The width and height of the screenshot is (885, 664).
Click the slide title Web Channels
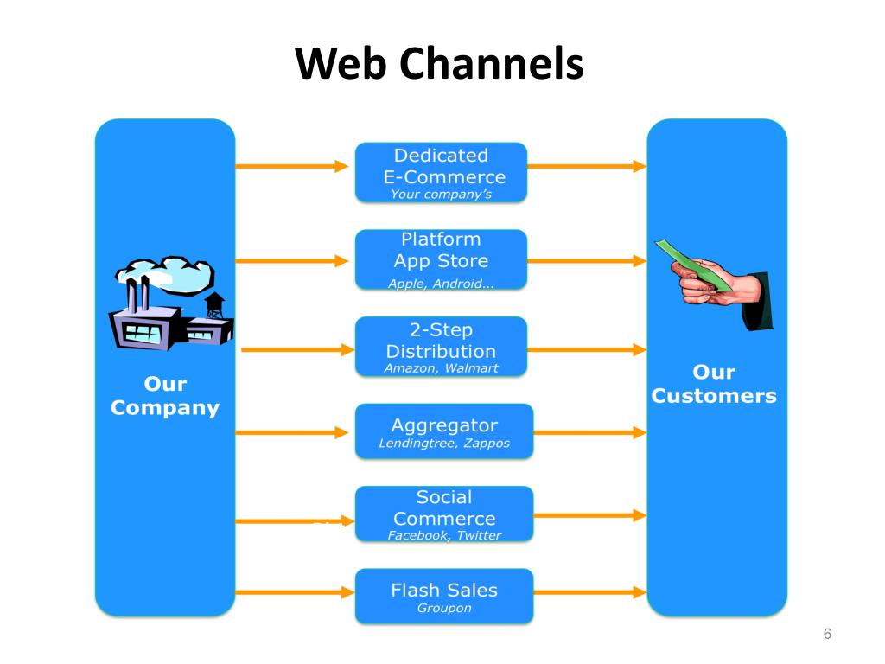pos(439,62)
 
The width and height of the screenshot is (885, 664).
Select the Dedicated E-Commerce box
pos(441,172)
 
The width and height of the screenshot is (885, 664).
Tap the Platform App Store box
pos(441,259)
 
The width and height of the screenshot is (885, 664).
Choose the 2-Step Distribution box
pos(441,347)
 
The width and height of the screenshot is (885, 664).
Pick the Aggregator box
pos(444,431)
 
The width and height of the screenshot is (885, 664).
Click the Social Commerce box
pos(444,514)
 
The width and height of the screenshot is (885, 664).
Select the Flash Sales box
pos(444,597)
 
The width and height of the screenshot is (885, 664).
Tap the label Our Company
pos(165,396)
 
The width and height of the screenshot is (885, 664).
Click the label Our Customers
pos(714,384)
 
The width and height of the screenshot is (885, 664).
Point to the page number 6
pos(827,634)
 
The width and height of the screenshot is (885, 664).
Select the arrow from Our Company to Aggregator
pos(292,432)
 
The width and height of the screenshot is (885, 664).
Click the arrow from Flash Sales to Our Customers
pos(589,592)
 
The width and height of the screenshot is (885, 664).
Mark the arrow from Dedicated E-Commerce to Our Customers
pos(587,166)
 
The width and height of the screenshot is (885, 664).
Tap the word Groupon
pos(444,608)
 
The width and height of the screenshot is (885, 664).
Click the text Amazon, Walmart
pos(441,368)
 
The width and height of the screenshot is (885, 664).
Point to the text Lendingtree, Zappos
pos(444,444)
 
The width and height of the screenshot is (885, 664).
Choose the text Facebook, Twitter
pos(444,535)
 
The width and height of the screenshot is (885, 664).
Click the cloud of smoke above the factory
pos(165,274)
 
